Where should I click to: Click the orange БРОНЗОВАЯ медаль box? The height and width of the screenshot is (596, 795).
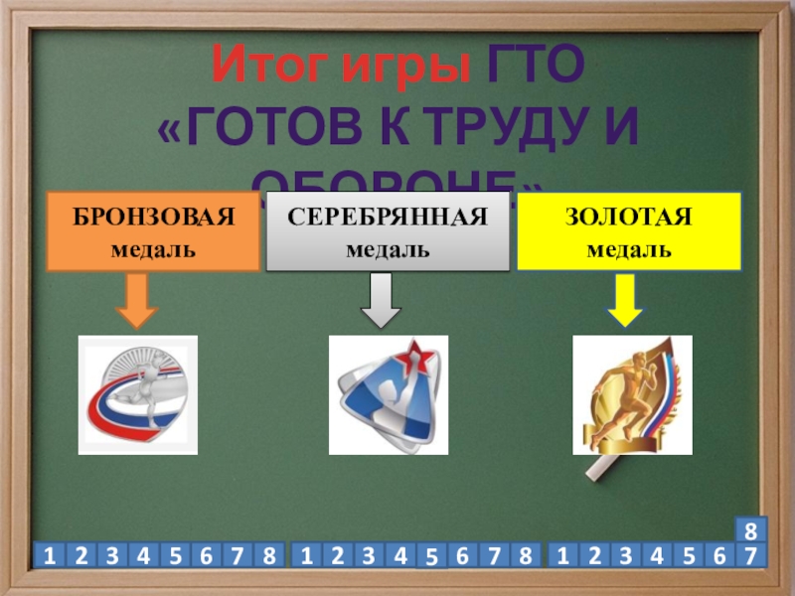click(x=152, y=232)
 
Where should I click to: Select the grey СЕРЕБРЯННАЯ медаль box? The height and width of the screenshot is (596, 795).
click(x=388, y=232)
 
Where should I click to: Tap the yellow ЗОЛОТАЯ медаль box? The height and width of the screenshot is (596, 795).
click(x=629, y=232)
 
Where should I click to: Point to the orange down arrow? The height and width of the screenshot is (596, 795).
click(x=137, y=300)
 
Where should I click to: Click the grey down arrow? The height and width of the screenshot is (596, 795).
click(x=379, y=300)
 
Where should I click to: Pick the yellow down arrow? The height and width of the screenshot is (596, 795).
click(x=624, y=300)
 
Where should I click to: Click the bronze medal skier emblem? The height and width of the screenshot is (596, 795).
click(x=138, y=394)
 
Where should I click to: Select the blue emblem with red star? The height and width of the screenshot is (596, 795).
click(x=388, y=394)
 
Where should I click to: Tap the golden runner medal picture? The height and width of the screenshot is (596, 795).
click(x=632, y=394)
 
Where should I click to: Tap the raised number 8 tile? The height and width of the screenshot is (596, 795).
click(x=752, y=529)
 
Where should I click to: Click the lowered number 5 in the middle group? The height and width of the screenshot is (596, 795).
click(x=431, y=559)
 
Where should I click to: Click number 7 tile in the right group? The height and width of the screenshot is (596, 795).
click(x=752, y=555)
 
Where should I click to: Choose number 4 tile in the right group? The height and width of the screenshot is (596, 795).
click(x=656, y=555)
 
